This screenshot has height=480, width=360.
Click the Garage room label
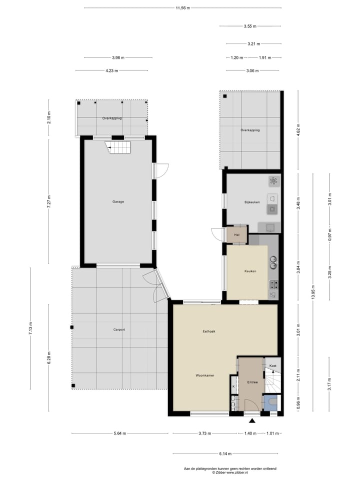(x=118, y=201)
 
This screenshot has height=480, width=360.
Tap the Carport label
(x=118, y=329)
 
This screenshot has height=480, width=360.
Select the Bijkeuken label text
(x=252, y=201)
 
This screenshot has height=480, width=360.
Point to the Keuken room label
(x=250, y=271)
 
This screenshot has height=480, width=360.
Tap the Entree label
(x=252, y=382)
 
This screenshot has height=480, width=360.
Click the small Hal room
(x=236, y=234)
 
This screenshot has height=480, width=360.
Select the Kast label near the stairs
(x=272, y=366)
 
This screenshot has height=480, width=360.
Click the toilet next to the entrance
(x=271, y=401)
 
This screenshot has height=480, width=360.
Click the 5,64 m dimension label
(x=119, y=433)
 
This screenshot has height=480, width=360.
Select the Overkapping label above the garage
(x=112, y=118)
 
